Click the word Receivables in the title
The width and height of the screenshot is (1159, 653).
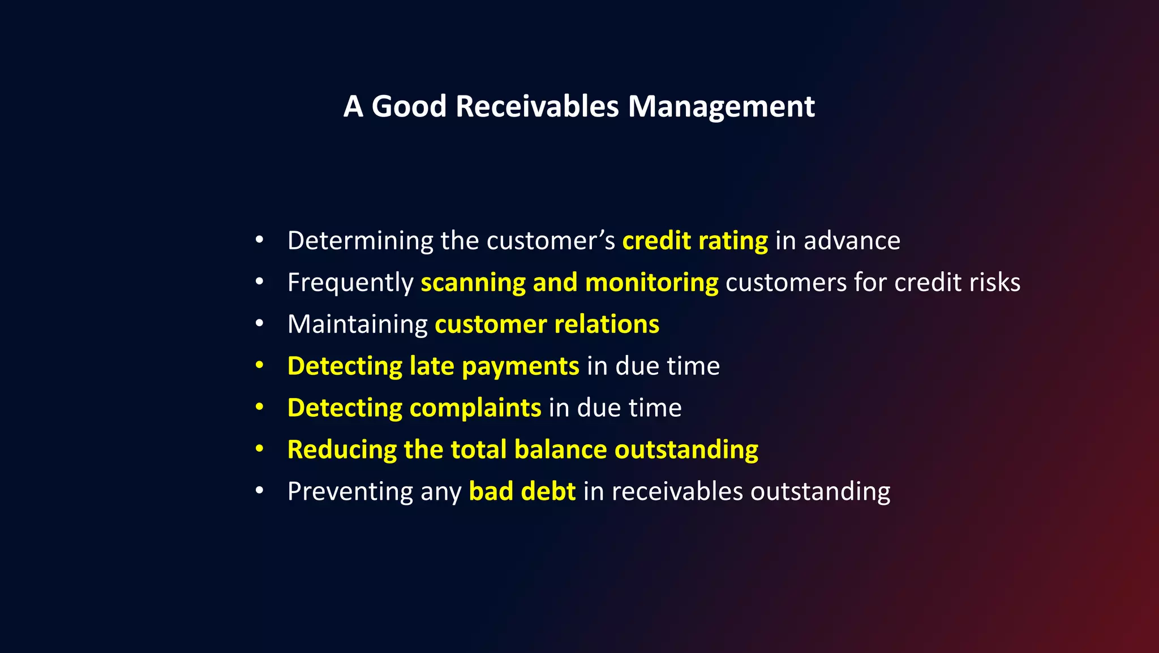click(x=537, y=106)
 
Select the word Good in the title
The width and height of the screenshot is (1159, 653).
click(x=409, y=106)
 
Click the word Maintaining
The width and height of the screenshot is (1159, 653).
click(x=357, y=325)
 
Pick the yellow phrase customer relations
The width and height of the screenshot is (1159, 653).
click(x=547, y=325)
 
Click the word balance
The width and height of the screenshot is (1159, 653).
click(x=560, y=450)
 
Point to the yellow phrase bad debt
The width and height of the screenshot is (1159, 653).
click(x=522, y=491)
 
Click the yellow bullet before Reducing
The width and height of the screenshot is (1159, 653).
click(x=259, y=449)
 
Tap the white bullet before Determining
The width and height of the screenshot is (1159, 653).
click(x=259, y=240)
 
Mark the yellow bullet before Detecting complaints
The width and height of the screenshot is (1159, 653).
click(x=259, y=407)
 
